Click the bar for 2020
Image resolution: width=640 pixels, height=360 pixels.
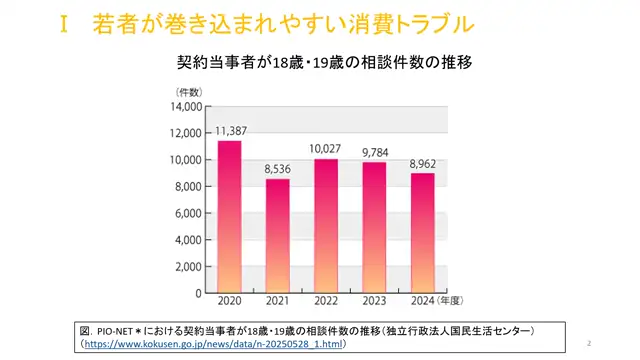(229, 217)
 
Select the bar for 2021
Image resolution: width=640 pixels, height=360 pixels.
(277, 236)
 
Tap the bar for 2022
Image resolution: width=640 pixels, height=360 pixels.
(325, 226)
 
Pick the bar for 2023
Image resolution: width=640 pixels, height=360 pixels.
(373, 227)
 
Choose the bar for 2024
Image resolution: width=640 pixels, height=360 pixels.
(421, 233)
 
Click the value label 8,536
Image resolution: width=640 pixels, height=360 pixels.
(277, 169)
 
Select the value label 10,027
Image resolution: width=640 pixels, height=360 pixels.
(325, 149)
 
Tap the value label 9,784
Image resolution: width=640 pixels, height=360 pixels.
(373, 153)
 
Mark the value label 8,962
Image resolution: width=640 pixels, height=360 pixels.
(421, 164)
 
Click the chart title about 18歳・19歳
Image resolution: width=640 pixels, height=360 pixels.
(323, 61)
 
